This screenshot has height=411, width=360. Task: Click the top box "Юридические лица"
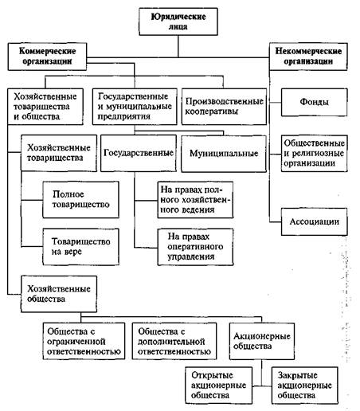pos(178,22)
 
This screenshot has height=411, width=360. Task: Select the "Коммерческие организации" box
pos(47,57)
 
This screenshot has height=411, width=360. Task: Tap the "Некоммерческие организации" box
pos(308,57)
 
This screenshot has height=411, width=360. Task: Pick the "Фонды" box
pos(314,102)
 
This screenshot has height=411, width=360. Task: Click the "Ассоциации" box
pos(314,221)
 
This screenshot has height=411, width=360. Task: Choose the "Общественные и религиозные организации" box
pos(314,153)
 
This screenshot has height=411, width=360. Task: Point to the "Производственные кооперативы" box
pos(224,107)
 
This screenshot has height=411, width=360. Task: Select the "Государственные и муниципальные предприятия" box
pos(135,107)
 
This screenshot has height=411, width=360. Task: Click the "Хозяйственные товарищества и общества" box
pos(45,107)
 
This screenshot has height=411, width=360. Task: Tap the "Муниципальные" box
pos(224,154)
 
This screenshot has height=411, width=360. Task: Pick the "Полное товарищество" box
pos(80,200)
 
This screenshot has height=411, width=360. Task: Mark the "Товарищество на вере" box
pos(80,247)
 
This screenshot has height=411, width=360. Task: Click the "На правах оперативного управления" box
pos(195,247)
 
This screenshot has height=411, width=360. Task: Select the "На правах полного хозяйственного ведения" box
pos(195,200)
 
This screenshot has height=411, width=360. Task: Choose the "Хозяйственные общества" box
pos(59,294)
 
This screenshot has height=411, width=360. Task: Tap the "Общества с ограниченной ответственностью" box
pos(84,341)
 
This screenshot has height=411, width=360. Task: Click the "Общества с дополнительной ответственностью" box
pos(174,341)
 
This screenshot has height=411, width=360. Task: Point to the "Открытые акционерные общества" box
pos(219,386)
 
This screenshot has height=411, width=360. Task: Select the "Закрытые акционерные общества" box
pos(305,386)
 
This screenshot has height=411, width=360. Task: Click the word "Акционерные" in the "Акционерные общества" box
pos(262,336)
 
